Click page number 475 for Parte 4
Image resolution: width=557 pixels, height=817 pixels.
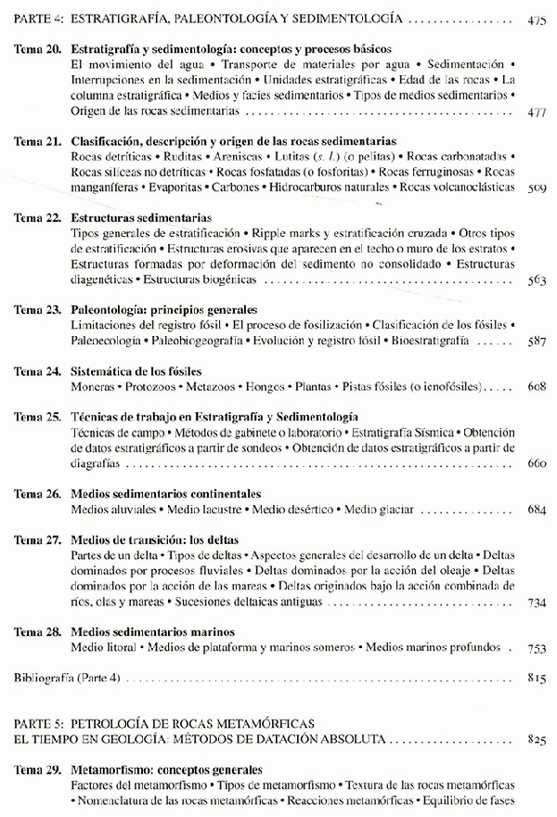click(536, 19)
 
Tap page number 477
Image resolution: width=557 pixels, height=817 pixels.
click(536, 111)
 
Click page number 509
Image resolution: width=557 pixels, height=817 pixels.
click(536, 188)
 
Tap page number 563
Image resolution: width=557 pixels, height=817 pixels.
click(536, 279)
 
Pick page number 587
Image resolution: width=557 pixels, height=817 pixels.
click(536, 341)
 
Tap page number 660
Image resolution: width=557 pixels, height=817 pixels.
click(536, 462)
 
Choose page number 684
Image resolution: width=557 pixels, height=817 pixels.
click(536, 509)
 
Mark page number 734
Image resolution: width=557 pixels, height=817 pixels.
click(536, 602)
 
